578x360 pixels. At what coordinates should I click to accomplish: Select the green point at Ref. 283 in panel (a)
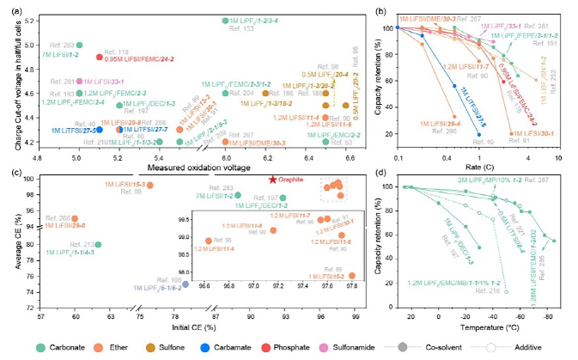click(79, 45)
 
